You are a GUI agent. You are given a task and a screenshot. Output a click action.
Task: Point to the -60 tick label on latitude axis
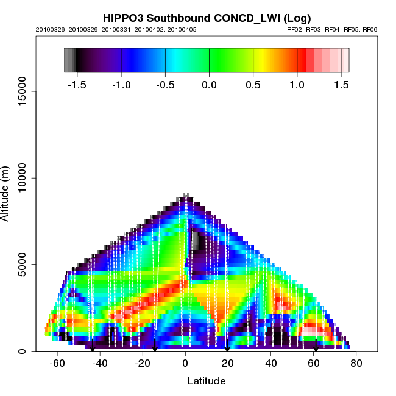(57, 364)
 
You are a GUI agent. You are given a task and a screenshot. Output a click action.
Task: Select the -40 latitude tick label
(100, 364)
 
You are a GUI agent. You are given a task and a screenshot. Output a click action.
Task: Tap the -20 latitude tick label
(143, 364)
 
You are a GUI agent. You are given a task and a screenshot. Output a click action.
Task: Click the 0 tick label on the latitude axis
(185, 364)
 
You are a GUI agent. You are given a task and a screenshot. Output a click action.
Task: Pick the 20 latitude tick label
(228, 364)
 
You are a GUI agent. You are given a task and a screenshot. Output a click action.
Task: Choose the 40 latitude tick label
(270, 364)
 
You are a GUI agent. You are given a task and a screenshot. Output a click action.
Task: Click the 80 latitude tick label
(356, 364)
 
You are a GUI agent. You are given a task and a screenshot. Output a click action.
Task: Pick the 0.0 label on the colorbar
(209, 84)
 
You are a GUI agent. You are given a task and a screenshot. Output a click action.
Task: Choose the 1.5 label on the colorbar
(340, 84)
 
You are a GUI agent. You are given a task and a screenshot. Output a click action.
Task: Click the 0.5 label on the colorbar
(253, 84)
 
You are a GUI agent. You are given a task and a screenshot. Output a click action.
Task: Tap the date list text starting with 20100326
(116, 29)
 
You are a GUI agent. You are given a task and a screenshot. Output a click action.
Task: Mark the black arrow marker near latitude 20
(227, 348)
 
